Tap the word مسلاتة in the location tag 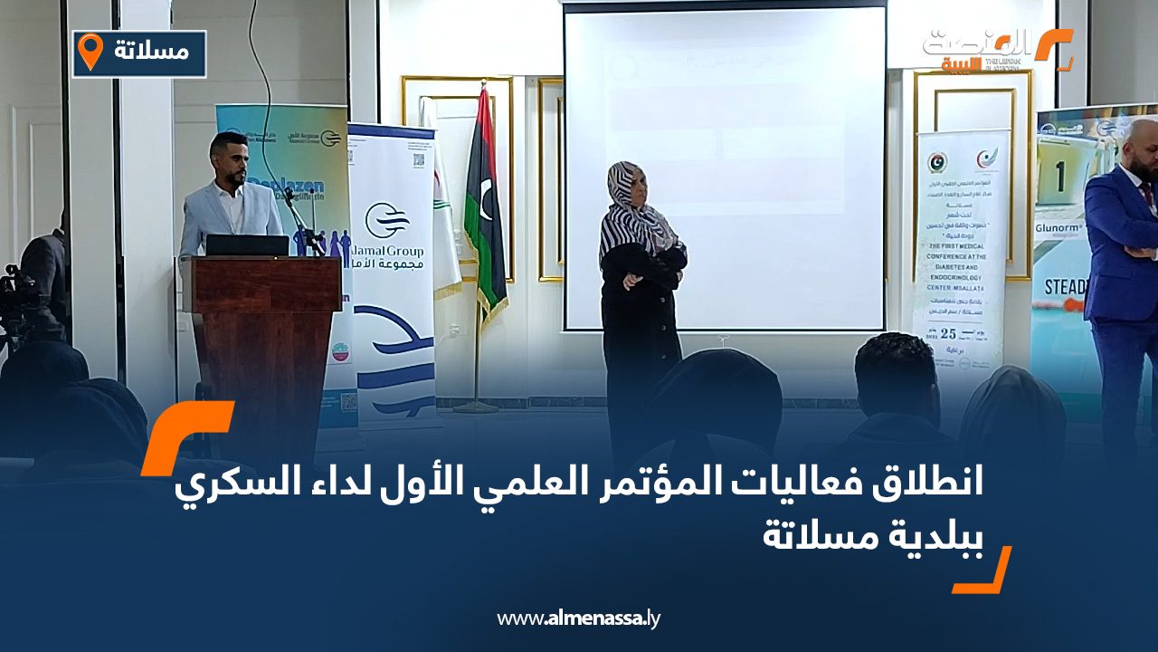[x=152, y=52]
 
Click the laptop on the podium [x=247, y=245]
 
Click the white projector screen [x=724, y=168]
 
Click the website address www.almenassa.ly [x=579, y=619]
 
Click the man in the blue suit [x=1122, y=272]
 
